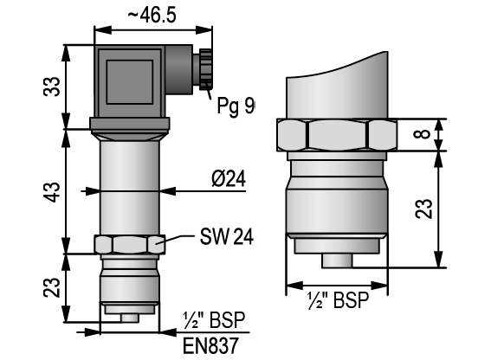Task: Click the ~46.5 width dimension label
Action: point(152,15)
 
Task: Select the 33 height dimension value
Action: point(52,86)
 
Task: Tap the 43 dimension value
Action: point(52,191)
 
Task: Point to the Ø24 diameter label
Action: point(229,179)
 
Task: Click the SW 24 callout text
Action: point(227,236)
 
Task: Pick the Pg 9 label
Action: point(236,106)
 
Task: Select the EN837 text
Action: point(210,345)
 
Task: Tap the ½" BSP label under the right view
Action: point(339,300)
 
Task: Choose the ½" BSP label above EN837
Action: point(214,320)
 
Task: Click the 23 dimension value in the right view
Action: point(423,209)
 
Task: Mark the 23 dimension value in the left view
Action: point(52,287)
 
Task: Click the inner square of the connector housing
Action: point(130,82)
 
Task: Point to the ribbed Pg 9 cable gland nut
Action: point(205,69)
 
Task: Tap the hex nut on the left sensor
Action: point(130,244)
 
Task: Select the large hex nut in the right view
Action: point(337,135)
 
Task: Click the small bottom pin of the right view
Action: point(337,261)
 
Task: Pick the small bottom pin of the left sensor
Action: point(130,318)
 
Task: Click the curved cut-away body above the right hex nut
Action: point(337,86)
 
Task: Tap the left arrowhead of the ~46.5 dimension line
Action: point(103,30)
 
